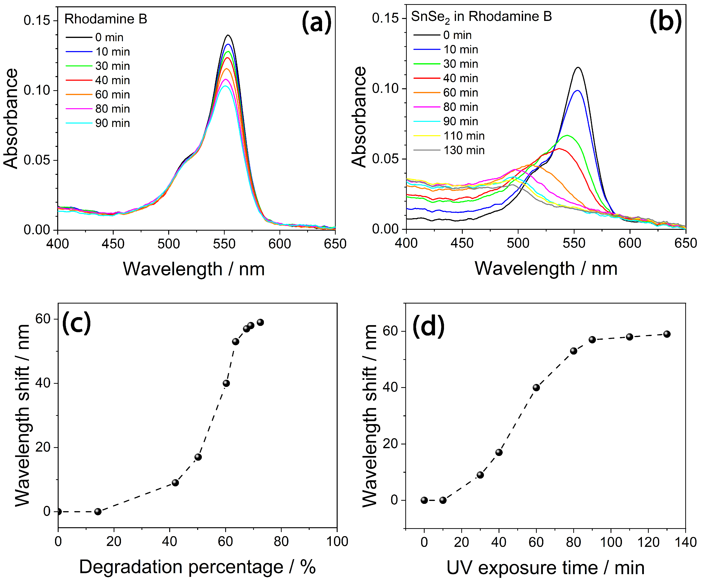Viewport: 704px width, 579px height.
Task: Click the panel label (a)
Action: click(x=316, y=22)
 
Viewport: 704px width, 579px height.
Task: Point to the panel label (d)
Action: click(x=428, y=326)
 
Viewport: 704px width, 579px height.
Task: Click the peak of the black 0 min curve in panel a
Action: click(x=228, y=35)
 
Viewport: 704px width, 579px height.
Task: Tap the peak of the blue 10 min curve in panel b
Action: click(x=577, y=90)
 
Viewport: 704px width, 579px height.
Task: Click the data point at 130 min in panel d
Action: click(x=667, y=334)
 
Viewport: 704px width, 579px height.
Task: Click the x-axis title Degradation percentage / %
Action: click(x=197, y=567)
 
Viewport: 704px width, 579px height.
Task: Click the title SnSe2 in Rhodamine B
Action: click(x=481, y=17)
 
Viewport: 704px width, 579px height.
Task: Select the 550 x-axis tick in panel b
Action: click(x=574, y=243)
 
